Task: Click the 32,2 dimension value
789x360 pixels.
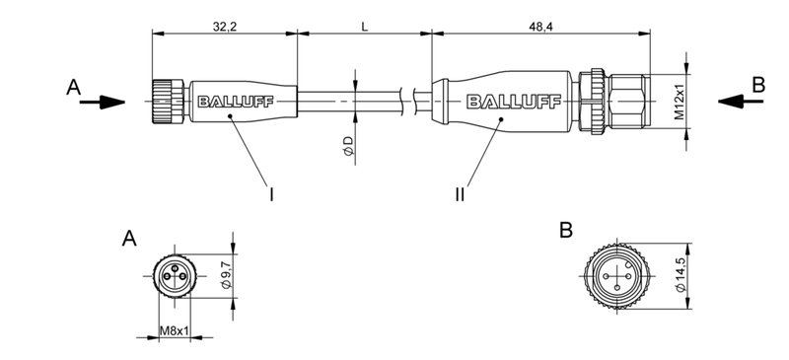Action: point(224,24)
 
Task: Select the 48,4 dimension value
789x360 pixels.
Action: point(540,24)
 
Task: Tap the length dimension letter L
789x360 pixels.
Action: point(364,24)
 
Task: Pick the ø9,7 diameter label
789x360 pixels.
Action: point(226,274)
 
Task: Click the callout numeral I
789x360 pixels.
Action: point(271,194)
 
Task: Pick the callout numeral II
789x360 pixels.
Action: point(460,194)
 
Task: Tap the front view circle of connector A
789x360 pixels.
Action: point(175,272)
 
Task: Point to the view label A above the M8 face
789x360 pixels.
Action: point(128,238)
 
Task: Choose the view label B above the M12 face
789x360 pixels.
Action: point(565,230)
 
